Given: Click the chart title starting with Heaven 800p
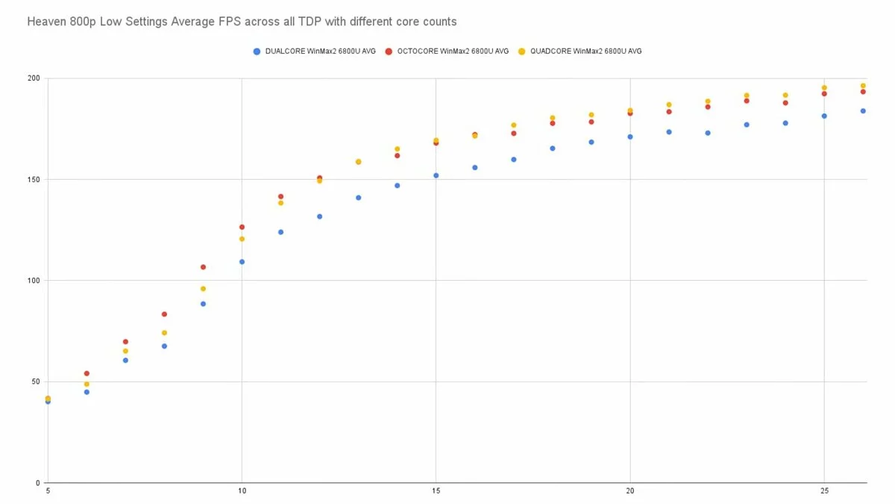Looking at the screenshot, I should click(242, 22).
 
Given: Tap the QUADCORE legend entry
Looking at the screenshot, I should click(585, 52).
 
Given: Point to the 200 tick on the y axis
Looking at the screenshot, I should click(34, 78).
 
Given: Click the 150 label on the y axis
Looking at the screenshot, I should click(34, 179).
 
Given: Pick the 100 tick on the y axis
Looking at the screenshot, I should click(34, 281).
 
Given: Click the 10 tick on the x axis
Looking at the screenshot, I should click(242, 491).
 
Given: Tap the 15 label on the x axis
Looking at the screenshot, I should click(436, 491).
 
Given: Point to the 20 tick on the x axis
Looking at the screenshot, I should click(630, 491).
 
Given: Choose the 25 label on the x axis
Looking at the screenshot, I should click(824, 491).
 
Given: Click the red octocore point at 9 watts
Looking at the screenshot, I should click(203, 267).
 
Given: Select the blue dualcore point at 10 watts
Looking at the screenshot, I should click(242, 261).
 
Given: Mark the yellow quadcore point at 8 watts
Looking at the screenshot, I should click(164, 332).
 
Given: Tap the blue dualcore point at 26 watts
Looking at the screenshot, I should click(863, 111).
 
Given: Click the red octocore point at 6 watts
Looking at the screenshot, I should click(87, 373).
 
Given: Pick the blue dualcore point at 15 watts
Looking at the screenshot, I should click(436, 175).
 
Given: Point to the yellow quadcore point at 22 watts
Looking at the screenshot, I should click(708, 102).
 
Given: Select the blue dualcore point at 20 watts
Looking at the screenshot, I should click(630, 137).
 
